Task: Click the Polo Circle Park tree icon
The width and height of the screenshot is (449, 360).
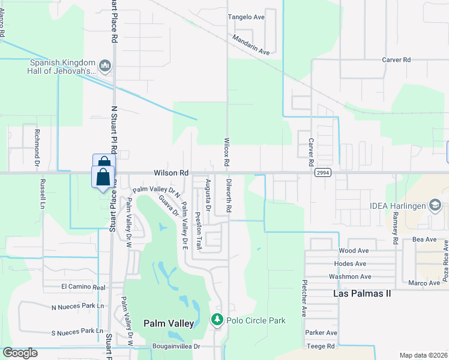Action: pos(217,320)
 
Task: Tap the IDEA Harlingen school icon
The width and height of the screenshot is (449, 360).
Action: pos(435,206)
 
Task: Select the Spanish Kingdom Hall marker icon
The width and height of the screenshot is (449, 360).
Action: pos(106,65)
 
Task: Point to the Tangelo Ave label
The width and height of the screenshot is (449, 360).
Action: pos(246,17)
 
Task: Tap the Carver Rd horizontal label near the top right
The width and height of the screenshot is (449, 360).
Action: pos(396,60)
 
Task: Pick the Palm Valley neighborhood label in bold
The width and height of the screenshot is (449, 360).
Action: pos(169,323)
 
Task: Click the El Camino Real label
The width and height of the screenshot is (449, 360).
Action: pos(83,287)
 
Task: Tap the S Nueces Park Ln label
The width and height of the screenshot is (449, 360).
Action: pos(77,331)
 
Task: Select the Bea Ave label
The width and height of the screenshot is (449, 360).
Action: pos(424,239)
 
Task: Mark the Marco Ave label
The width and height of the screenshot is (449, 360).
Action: pos(424,283)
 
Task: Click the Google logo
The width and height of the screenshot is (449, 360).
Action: pos(20,352)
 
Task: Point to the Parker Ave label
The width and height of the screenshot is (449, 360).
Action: pos(321,332)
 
